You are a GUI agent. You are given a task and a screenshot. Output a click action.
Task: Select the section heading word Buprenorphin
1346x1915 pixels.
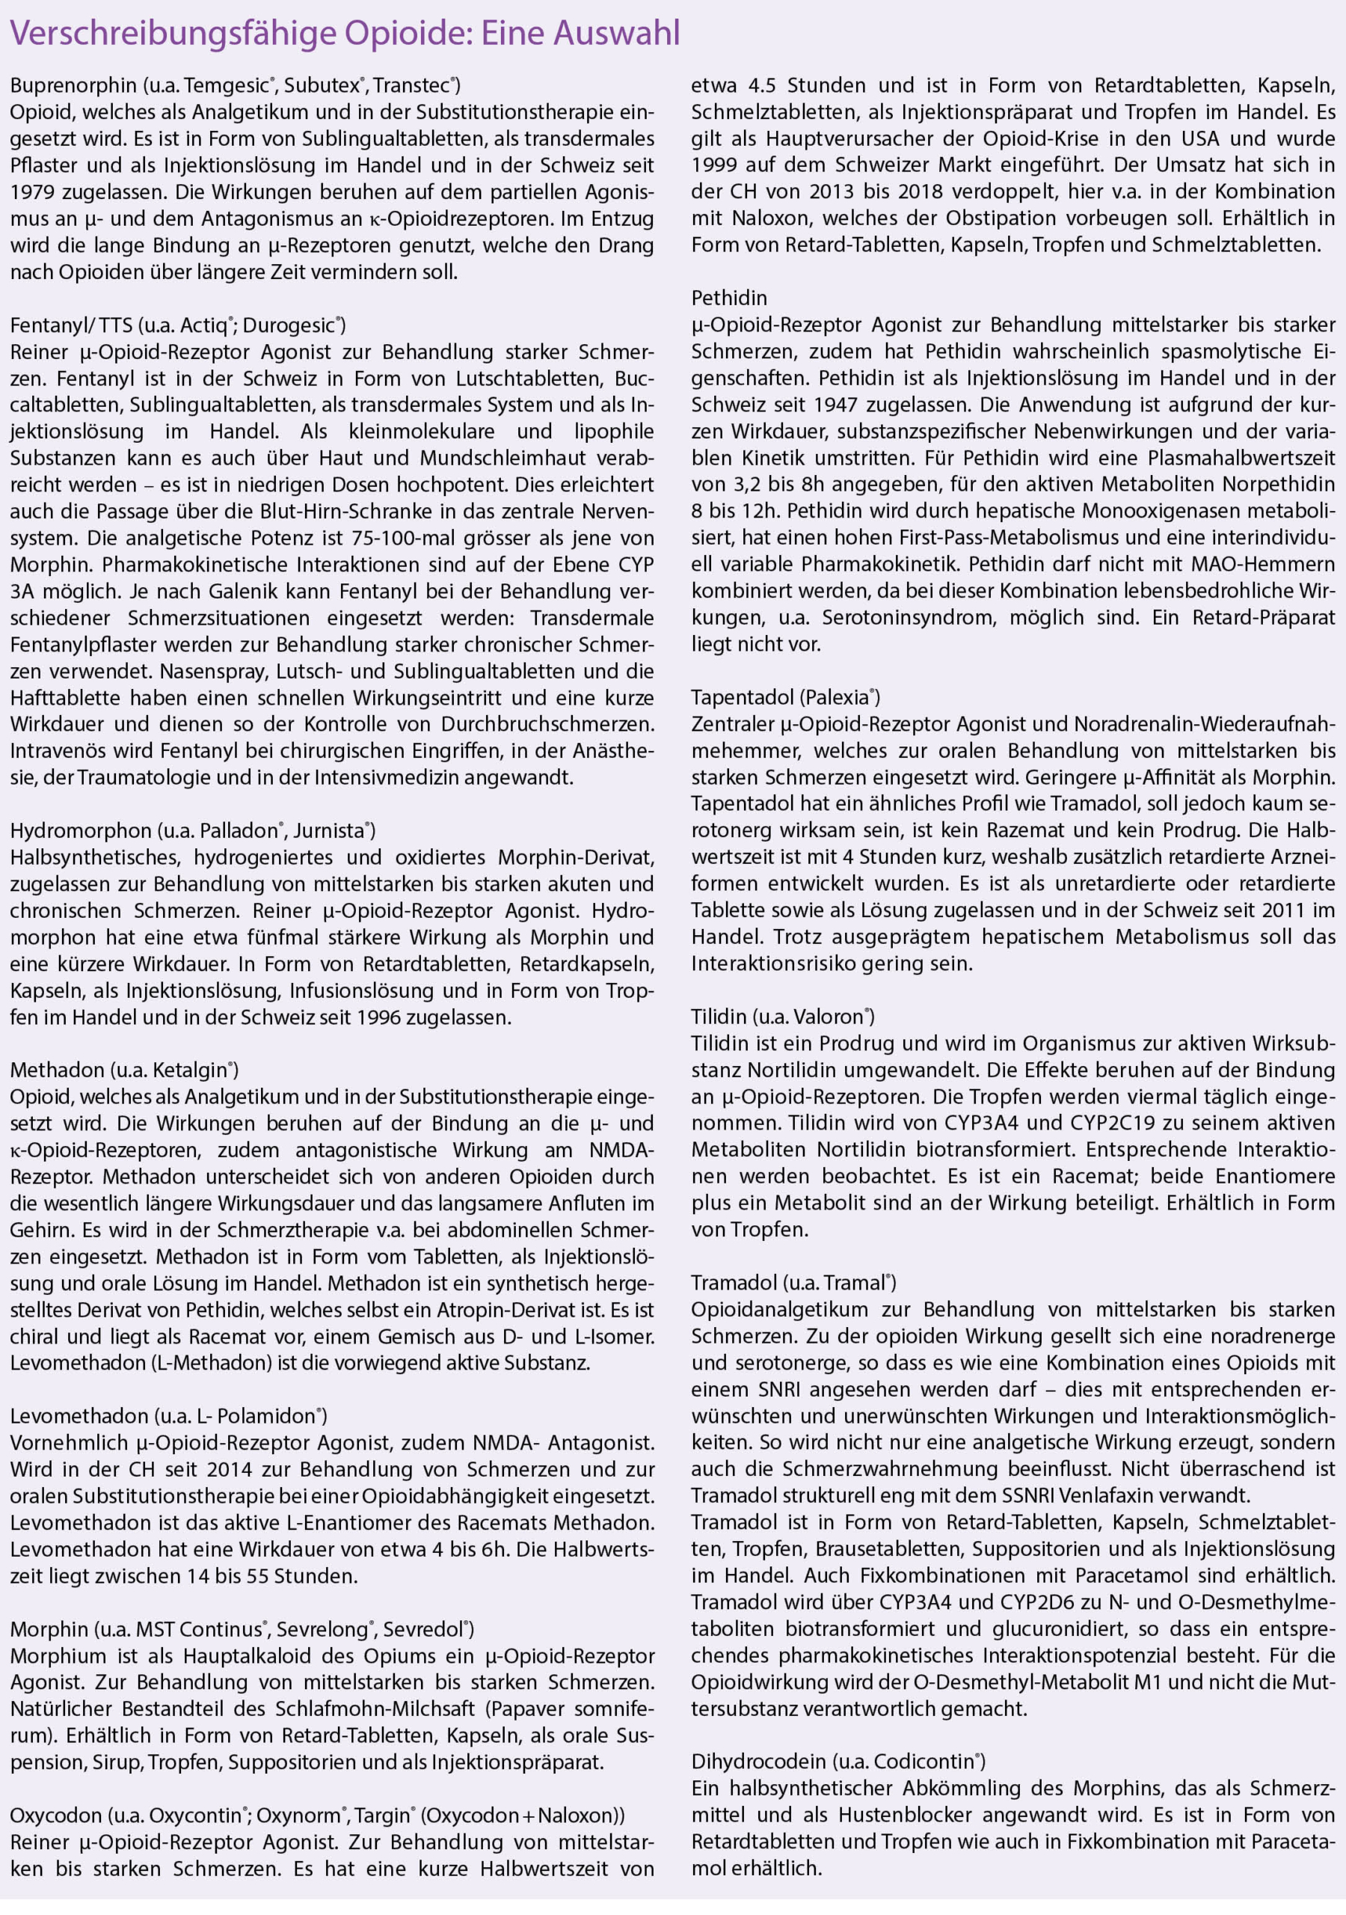point(73,85)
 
